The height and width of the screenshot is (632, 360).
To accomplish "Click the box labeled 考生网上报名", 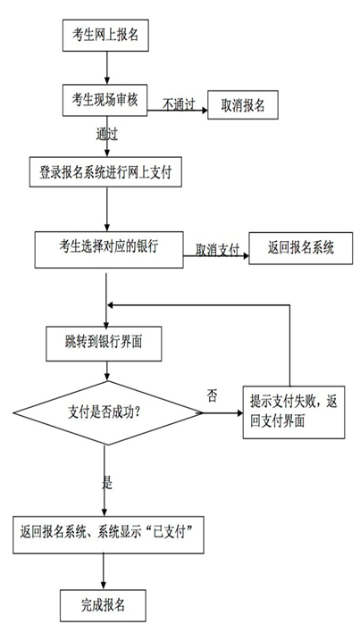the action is [105, 35].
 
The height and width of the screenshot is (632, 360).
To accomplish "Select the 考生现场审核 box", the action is [105, 100].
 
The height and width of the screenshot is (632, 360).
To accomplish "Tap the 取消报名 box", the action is [243, 104].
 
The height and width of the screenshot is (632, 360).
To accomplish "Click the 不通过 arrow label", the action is [179, 104].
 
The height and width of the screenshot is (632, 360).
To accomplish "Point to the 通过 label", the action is [107, 134].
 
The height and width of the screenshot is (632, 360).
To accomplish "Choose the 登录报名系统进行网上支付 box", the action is [105, 172].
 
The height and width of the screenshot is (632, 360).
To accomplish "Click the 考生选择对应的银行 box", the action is [109, 249].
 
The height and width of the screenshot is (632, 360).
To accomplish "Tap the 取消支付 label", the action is [218, 250].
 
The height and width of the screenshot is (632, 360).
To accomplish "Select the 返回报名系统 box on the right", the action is [301, 248].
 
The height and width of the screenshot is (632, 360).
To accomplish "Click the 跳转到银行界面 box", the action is [104, 344].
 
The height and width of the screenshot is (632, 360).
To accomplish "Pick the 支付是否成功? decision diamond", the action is [107, 413].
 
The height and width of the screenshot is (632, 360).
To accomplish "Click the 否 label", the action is [212, 396].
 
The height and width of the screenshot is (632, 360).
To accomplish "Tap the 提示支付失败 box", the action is [294, 412].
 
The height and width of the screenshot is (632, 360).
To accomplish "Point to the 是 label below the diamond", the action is [107, 483].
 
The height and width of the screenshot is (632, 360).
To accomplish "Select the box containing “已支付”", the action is [108, 535].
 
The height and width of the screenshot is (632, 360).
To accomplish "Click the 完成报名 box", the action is [104, 605].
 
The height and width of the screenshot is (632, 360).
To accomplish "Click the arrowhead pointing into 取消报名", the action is [204, 109].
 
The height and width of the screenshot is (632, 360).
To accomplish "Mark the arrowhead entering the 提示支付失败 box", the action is [239, 413].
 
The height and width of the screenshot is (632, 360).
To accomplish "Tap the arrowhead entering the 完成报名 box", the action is [104, 586].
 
